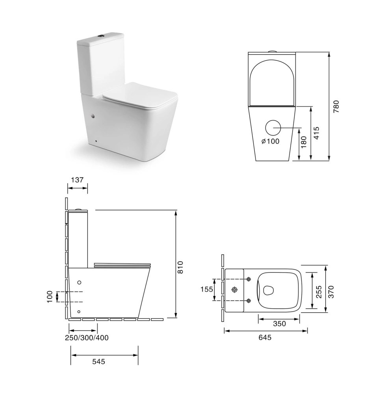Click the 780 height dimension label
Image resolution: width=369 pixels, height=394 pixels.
pos(336,106)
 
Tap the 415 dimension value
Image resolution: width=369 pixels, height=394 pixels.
pos(317,133)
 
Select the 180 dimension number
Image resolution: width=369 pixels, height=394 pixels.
pos(304,142)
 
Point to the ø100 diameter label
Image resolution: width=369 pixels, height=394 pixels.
pos(270,141)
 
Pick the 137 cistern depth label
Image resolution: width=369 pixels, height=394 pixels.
pos(77,180)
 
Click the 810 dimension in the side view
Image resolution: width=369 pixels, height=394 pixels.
pos(180,268)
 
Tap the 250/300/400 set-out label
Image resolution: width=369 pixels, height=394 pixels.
pos(87,338)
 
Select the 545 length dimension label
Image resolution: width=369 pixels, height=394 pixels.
pos(99,361)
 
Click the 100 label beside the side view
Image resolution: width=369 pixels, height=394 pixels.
pos(50,297)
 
